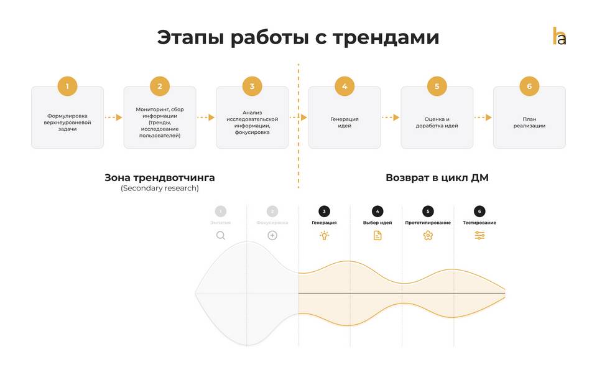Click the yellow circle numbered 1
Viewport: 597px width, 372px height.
(67, 86)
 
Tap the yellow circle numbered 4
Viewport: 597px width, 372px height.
(345, 86)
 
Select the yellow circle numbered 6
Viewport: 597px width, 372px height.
(529, 86)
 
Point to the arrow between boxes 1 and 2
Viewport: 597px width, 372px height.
(113, 117)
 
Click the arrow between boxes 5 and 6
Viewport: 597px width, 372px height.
(483, 117)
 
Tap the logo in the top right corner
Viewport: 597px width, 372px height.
(559, 36)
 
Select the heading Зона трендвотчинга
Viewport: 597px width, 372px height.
(160, 178)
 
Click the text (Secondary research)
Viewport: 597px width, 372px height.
(160, 188)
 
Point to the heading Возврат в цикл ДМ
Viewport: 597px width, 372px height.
(437, 178)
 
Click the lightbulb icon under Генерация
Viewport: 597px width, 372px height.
(324, 235)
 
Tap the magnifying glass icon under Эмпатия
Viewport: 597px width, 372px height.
(221, 235)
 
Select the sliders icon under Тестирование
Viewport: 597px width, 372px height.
(479, 235)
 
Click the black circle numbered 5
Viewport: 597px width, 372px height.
(428, 211)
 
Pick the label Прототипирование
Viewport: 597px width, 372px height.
(428, 223)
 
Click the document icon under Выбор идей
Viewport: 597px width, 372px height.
(377, 235)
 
